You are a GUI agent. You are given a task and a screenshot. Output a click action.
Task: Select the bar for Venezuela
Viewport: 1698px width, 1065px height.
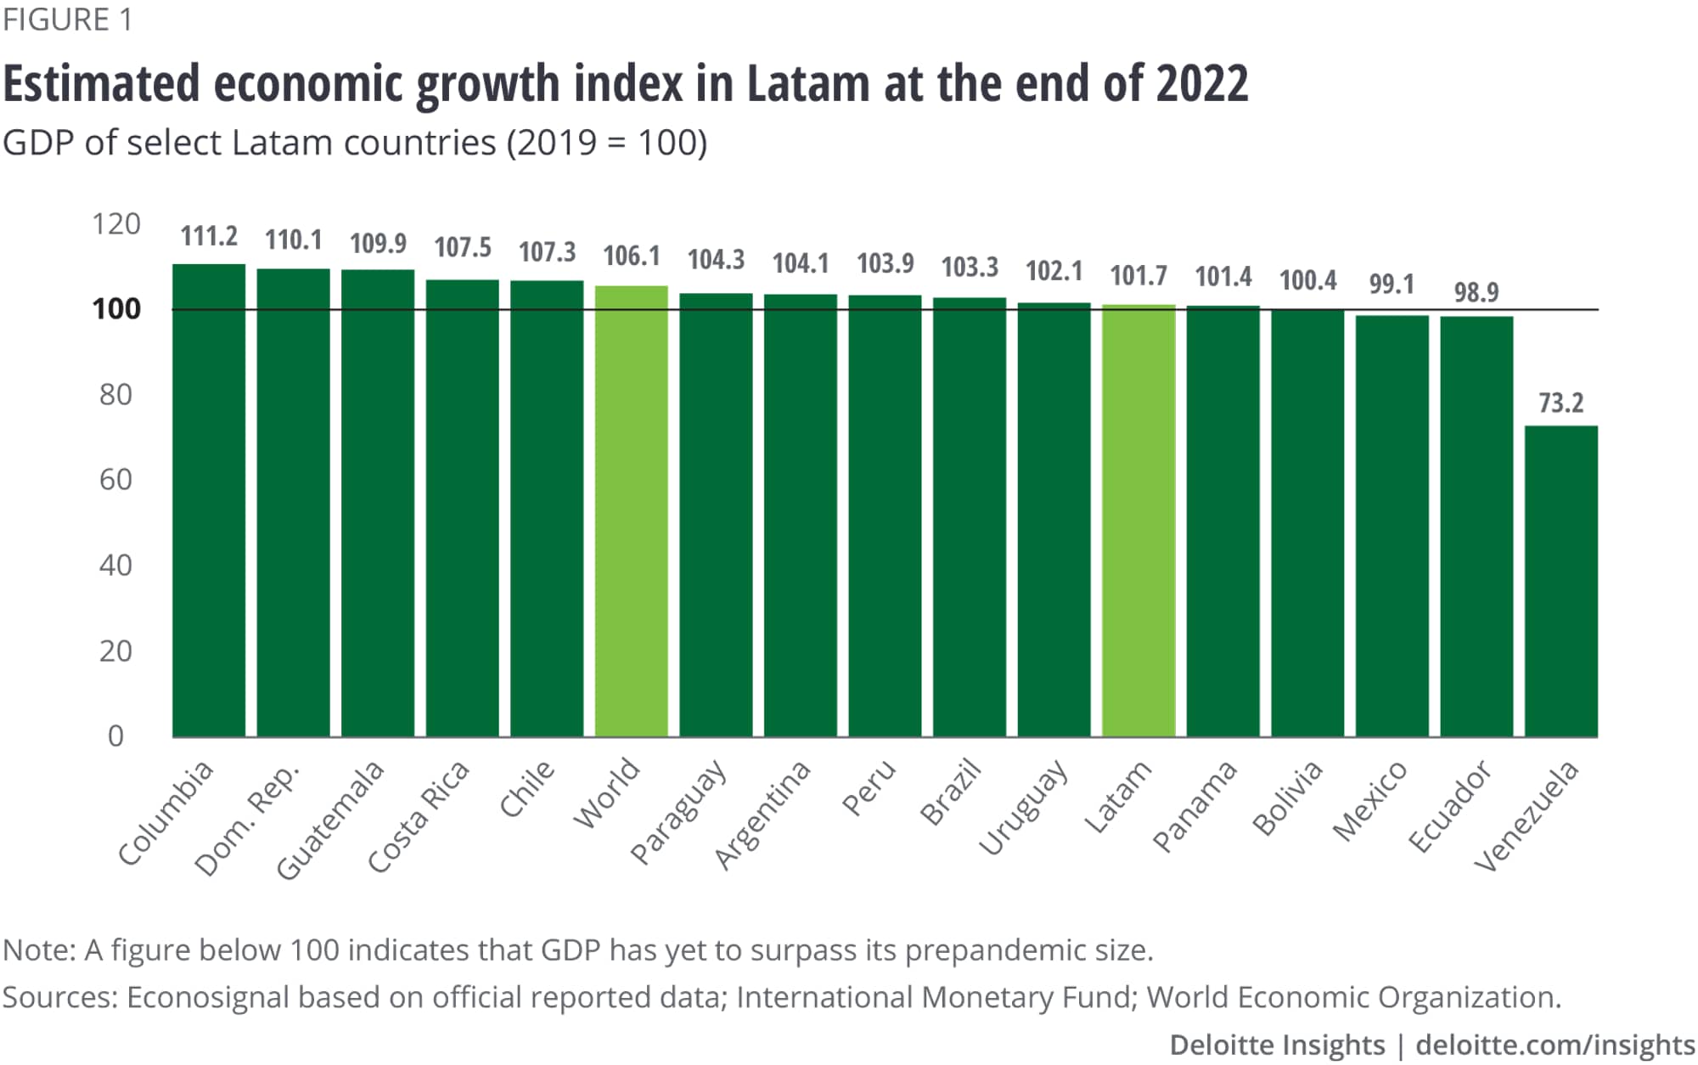click(1560, 581)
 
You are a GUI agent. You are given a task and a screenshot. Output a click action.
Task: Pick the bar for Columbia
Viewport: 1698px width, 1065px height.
click(209, 500)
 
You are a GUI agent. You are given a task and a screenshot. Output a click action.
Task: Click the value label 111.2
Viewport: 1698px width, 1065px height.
click(209, 236)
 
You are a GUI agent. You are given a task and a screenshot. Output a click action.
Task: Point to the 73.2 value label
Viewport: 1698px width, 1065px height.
click(1560, 403)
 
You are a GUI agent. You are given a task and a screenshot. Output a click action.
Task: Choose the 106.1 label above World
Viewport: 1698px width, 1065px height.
click(631, 256)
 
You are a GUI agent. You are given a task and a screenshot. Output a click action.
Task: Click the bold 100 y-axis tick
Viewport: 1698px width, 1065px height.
click(116, 309)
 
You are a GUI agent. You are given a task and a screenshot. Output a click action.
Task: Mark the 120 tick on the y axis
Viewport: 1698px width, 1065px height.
click(116, 224)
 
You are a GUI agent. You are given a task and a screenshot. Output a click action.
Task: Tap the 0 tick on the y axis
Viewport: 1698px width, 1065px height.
click(116, 736)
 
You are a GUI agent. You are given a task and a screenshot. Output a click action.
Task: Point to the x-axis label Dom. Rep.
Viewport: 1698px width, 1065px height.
click(247, 820)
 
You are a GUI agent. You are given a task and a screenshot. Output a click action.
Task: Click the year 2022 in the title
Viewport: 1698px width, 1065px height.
click(1201, 84)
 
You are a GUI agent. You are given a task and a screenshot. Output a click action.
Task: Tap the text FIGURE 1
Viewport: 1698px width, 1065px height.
click(68, 20)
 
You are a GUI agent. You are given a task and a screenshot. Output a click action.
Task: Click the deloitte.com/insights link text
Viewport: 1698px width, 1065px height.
click(1555, 1045)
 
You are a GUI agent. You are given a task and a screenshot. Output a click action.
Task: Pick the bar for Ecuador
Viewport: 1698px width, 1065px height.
click(1476, 527)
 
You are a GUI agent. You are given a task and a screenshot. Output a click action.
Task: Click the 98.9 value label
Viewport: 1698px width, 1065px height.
click(1476, 292)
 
